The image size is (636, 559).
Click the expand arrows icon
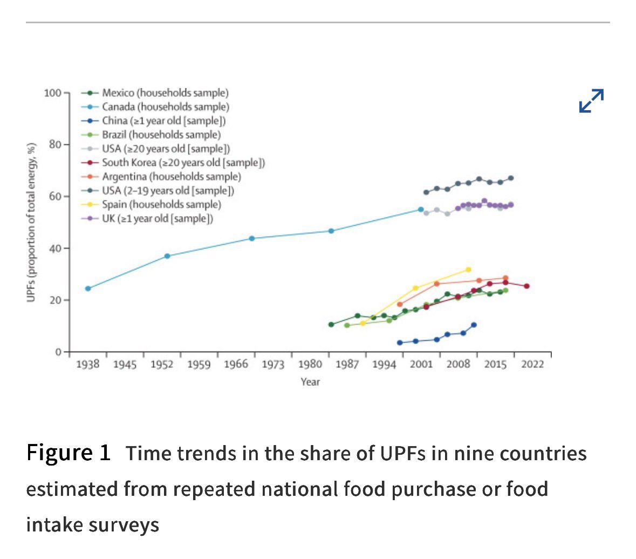point(591,100)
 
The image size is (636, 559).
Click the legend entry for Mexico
point(155,93)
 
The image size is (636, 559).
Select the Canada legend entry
point(155,107)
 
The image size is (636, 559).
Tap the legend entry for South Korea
point(173,163)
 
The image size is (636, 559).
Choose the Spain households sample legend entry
point(151,204)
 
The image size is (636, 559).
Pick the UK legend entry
point(147,219)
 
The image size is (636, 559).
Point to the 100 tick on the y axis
point(53,93)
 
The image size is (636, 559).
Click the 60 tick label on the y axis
point(55,197)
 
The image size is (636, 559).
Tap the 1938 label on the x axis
point(87,365)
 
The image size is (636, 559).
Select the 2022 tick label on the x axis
point(532,365)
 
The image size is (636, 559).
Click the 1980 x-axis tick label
point(310,365)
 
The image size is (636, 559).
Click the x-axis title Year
point(310,382)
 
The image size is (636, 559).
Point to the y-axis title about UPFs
point(31,223)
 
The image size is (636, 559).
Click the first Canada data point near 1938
point(88,288)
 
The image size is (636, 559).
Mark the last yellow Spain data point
point(468,270)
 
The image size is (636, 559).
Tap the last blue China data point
point(474,325)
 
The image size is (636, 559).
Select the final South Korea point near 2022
point(526,286)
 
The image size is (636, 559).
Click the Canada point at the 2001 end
point(421,210)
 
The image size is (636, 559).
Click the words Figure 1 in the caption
point(69,453)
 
